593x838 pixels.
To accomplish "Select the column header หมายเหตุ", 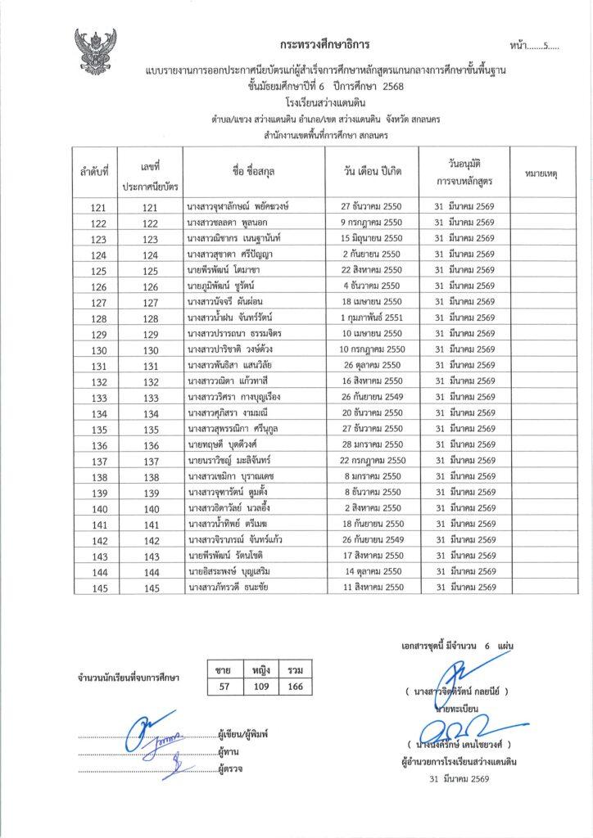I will (x=540, y=173).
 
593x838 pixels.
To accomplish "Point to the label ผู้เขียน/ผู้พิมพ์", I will (x=244, y=734).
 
